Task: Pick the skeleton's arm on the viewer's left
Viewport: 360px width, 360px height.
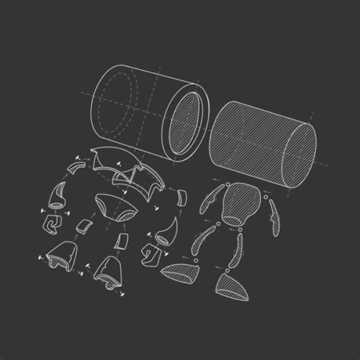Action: point(206,209)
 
